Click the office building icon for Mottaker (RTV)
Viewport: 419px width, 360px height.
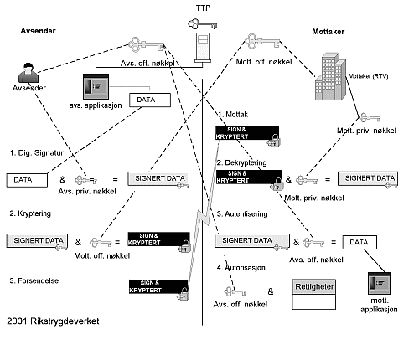(x=332, y=76)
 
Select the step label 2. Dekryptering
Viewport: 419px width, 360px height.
(x=245, y=162)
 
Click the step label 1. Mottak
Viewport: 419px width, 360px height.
(x=233, y=114)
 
